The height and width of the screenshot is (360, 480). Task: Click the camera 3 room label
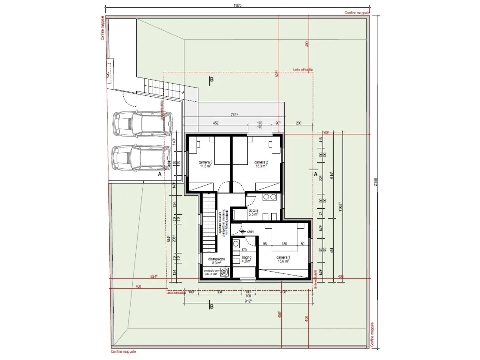pos(205,164)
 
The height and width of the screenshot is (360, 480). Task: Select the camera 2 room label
pos(261,164)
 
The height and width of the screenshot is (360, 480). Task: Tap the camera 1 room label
pos(283,259)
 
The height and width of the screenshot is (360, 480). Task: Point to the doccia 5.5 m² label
pos(253,213)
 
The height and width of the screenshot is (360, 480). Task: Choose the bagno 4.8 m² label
pos(246,259)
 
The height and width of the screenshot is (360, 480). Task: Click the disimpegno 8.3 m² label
pos(216,261)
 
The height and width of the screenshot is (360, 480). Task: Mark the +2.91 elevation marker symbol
pos(243,231)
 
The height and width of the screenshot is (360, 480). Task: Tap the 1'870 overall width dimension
pos(237,5)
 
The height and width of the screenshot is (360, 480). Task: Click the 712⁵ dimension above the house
pos(234,115)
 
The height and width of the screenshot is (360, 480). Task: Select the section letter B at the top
pos(211,80)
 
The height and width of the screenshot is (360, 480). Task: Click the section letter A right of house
pos(315,174)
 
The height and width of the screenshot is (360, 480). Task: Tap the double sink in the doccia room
pos(269,197)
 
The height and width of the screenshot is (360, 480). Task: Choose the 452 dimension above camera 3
pos(216,123)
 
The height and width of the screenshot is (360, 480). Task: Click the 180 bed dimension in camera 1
pos(284,244)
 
